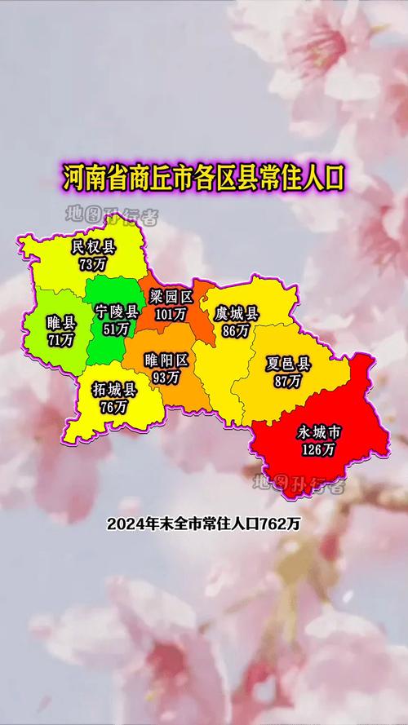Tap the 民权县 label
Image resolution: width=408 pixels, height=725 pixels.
click(x=94, y=247)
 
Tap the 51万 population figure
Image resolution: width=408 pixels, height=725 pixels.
click(x=117, y=329)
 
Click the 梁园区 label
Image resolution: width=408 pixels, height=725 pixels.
click(x=171, y=296)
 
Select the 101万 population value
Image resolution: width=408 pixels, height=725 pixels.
click(x=171, y=312)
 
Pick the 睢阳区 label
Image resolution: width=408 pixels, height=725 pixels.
click(x=166, y=360)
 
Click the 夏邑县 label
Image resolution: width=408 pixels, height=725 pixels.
click(x=289, y=364)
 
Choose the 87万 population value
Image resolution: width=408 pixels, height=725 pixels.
click(x=288, y=380)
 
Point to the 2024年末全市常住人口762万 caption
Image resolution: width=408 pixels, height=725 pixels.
click(x=204, y=524)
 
